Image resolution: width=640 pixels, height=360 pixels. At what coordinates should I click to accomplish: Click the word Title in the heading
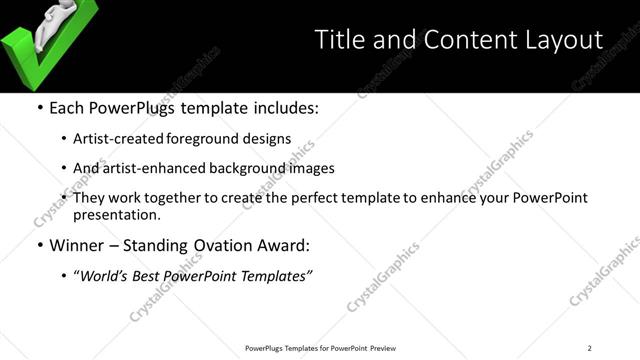click(341, 40)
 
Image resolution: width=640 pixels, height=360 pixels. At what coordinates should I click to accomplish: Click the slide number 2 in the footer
click(590, 347)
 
